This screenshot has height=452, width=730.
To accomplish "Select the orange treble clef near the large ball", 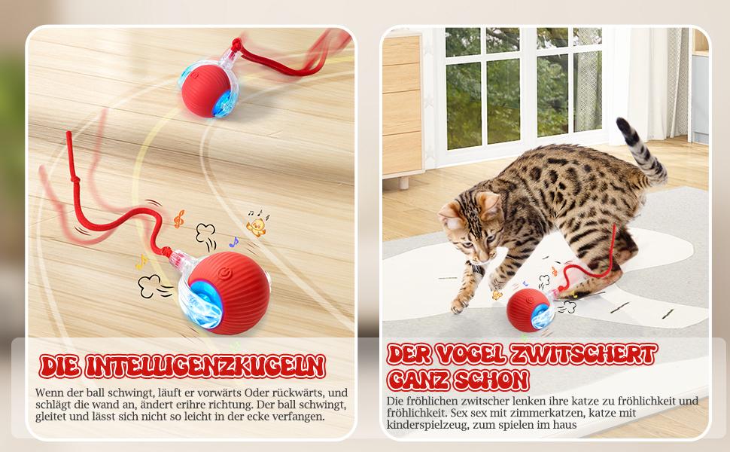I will pos(178,218).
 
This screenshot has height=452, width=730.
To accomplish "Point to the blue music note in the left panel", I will pos(233,243).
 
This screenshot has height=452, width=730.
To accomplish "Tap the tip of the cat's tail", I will pos(622,121).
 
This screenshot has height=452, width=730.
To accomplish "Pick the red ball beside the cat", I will pos(528,310).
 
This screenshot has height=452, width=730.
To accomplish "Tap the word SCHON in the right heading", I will pos(494,379).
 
